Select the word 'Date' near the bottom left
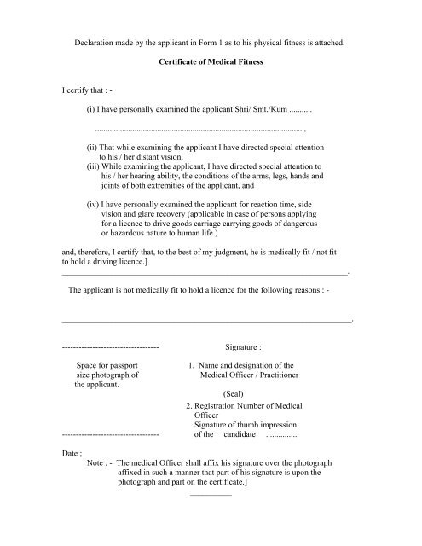(x=72, y=455)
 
